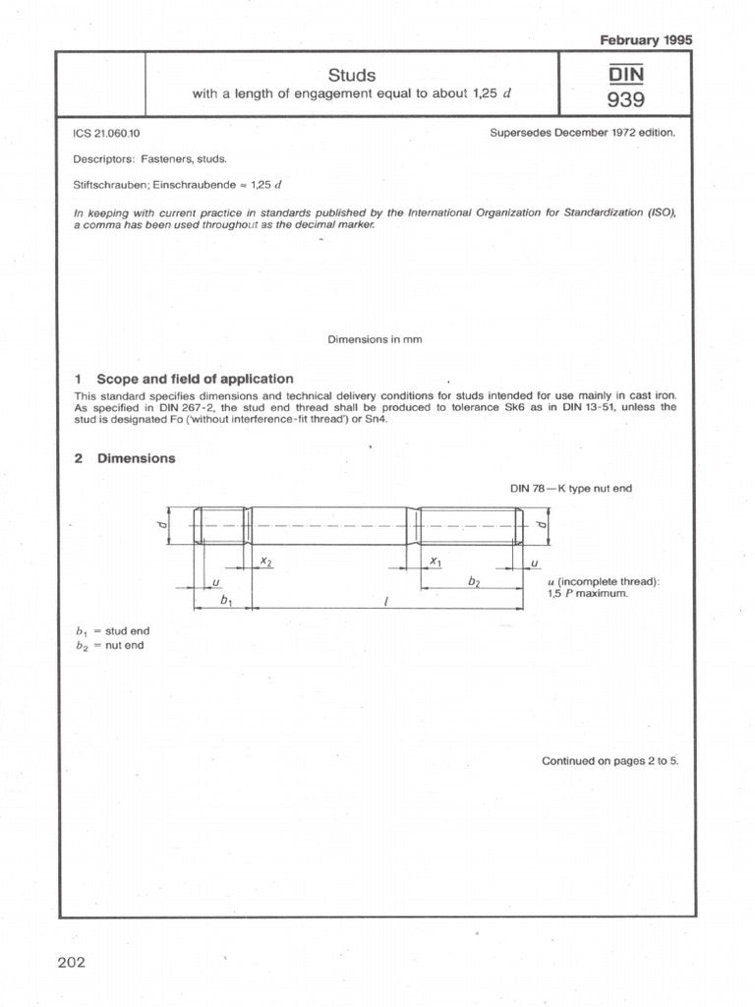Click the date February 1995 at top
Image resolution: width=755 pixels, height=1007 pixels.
[x=645, y=39]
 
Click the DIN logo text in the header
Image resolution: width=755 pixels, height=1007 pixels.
[x=625, y=73]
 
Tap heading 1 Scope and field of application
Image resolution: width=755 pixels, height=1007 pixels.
[x=184, y=379]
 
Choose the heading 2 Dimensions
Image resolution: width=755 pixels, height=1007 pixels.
[x=125, y=458]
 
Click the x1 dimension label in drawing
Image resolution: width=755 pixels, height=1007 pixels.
[x=436, y=560]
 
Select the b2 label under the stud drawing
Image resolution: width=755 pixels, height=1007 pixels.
[x=474, y=583]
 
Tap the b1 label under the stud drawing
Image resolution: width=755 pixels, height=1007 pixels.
[x=227, y=598]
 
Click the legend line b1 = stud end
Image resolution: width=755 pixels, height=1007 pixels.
[x=112, y=630]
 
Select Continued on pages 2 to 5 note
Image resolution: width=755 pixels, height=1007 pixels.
[x=610, y=760]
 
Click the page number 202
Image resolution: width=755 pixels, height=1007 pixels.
[x=72, y=961]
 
